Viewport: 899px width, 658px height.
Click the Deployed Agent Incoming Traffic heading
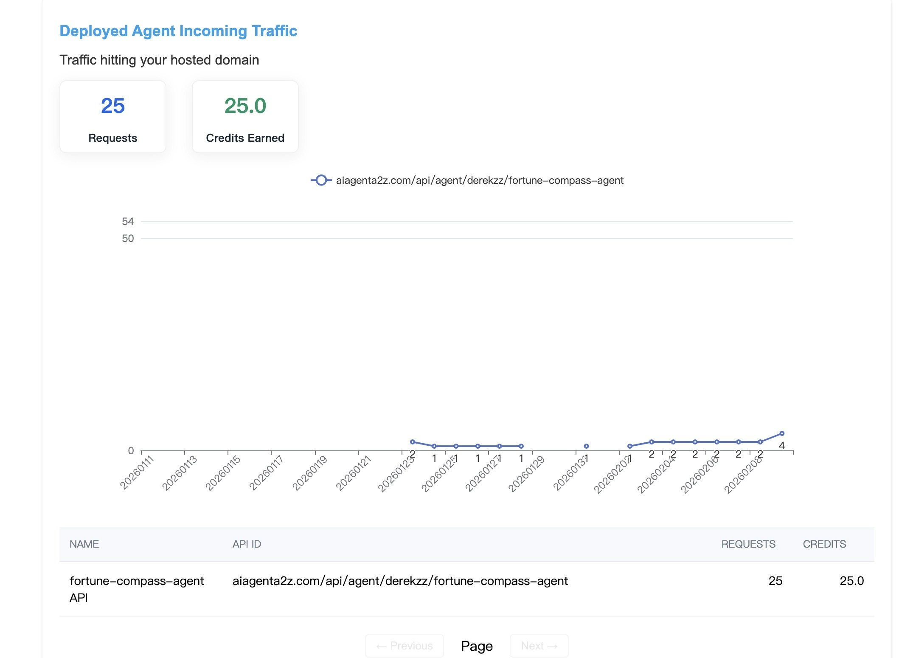click(178, 31)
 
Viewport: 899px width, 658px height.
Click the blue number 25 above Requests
click(113, 106)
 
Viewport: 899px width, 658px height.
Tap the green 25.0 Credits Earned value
click(245, 106)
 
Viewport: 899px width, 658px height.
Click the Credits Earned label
click(245, 138)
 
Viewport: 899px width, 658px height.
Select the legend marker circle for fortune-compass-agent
click(321, 180)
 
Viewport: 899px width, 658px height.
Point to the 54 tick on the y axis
click(128, 222)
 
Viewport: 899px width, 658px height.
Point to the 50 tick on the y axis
click(128, 239)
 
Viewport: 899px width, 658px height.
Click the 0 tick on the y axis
click(131, 451)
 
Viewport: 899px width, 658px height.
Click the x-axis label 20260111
click(136, 472)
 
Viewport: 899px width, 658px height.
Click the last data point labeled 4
click(782, 433)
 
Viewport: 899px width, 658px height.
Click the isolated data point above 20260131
click(586, 446)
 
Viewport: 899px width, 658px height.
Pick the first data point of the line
click(413, 442)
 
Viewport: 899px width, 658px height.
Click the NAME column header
click(84, 544)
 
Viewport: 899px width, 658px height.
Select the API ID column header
click(247, 544)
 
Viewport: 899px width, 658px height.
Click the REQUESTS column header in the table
click(748, 544)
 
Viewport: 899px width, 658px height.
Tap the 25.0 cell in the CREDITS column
click(851, 581)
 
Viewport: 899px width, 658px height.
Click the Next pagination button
click(539, 646)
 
